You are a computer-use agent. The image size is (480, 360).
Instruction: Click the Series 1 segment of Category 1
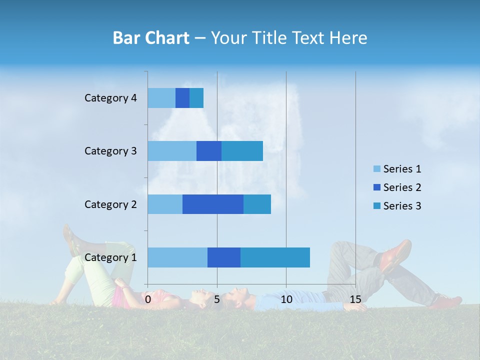[x=177, y=257]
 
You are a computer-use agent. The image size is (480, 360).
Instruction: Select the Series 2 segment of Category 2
[x=213, y=204]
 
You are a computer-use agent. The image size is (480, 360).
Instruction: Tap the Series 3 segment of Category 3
[x=242, y=151]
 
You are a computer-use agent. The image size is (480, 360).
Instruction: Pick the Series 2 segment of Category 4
[x=182, y=98]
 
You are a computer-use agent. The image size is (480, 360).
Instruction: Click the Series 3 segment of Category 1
[x=275, y=257]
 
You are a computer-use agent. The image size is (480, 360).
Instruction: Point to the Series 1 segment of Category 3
[x=172, y=151]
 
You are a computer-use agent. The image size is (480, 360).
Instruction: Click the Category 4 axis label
[x=110, y=98]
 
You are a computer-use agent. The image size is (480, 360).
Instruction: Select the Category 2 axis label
[x=110, y=204]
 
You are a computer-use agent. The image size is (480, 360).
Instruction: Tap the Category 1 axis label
[x=110, y=257]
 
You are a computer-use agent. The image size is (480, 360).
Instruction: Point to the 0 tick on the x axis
[x=148, y=299]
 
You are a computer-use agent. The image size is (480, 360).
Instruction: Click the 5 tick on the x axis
[x=217, y=299]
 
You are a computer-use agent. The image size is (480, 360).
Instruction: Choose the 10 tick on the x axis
[x=286, y=299]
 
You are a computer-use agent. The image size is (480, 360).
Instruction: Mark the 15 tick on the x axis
[x=355, y=299]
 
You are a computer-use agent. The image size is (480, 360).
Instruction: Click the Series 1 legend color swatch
[x=377, y=169]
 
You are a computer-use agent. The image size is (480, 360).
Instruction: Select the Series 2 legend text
[x=402, y=187]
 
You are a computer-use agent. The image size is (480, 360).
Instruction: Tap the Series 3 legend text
[x=402, y=206]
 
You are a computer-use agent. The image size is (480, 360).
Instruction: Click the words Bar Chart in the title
[x=151, y=38]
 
